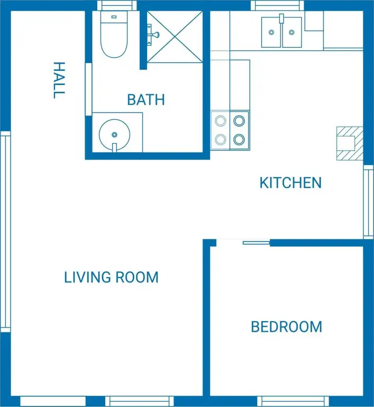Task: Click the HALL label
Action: click(x=59, y=80)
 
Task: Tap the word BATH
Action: click(x=146, y=100)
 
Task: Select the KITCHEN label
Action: click(x=290, y=183)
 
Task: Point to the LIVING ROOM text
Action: click(x=111, y=277)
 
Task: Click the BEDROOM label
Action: click(x=287, y=327)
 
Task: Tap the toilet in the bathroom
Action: click(x=114, y=34)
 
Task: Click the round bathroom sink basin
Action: click(x=114, y=135)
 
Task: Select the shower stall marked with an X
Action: click(x=175, y=37)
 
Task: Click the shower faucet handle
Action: click(x=154, y=34)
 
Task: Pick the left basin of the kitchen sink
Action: click(x=271, y=32)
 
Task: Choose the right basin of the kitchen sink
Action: click(x=292, y=32)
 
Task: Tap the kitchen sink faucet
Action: click(x=281, y=19)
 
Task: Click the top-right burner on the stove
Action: click(x=239, y=121)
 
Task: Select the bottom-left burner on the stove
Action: click(x=220, y=140)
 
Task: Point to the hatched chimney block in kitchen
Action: click(x=350, y=143)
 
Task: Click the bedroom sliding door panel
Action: click(x=257, y=243)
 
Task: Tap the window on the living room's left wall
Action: click(x=5, y=232)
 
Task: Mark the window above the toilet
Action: click(x=117, y=5)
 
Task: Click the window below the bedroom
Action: click(x=293, y=401)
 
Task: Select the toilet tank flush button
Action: click(x=114, y=17)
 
